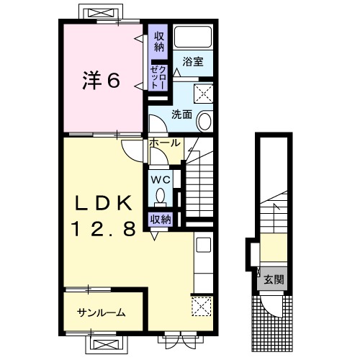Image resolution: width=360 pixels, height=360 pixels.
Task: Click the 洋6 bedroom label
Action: (101, 81)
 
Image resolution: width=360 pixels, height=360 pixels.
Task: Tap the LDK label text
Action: (104, 203)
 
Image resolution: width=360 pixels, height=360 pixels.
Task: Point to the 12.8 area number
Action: (104, 229)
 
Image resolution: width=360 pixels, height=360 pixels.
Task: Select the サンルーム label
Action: (102, 312)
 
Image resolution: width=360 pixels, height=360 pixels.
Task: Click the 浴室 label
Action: (193, 61)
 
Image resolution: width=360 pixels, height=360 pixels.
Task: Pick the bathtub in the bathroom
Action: (193, 37)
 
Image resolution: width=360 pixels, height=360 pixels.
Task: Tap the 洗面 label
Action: (181, 114)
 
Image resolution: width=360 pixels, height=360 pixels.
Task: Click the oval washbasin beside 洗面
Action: (204, 121)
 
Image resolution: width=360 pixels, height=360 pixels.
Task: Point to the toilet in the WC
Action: (160, 197)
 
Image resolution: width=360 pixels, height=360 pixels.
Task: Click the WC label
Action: (161, 179)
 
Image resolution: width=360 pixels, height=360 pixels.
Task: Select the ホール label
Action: (165, 143)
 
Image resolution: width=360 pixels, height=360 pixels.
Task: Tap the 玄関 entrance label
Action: (274, 280)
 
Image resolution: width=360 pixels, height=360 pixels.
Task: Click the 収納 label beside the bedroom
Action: (159, 42)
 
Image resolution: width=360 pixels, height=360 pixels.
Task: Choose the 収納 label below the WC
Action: (161, 219)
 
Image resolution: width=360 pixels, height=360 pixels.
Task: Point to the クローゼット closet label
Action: (158, 78)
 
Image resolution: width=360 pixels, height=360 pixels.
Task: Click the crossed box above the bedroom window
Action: (101, 13)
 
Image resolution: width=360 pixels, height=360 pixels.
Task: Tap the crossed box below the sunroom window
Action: (106, 346)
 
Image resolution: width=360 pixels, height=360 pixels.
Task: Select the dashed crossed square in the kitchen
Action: (202, 307)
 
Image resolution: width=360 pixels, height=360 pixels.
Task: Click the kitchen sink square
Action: (203, 245)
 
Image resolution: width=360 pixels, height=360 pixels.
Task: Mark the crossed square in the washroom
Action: (204, 94)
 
